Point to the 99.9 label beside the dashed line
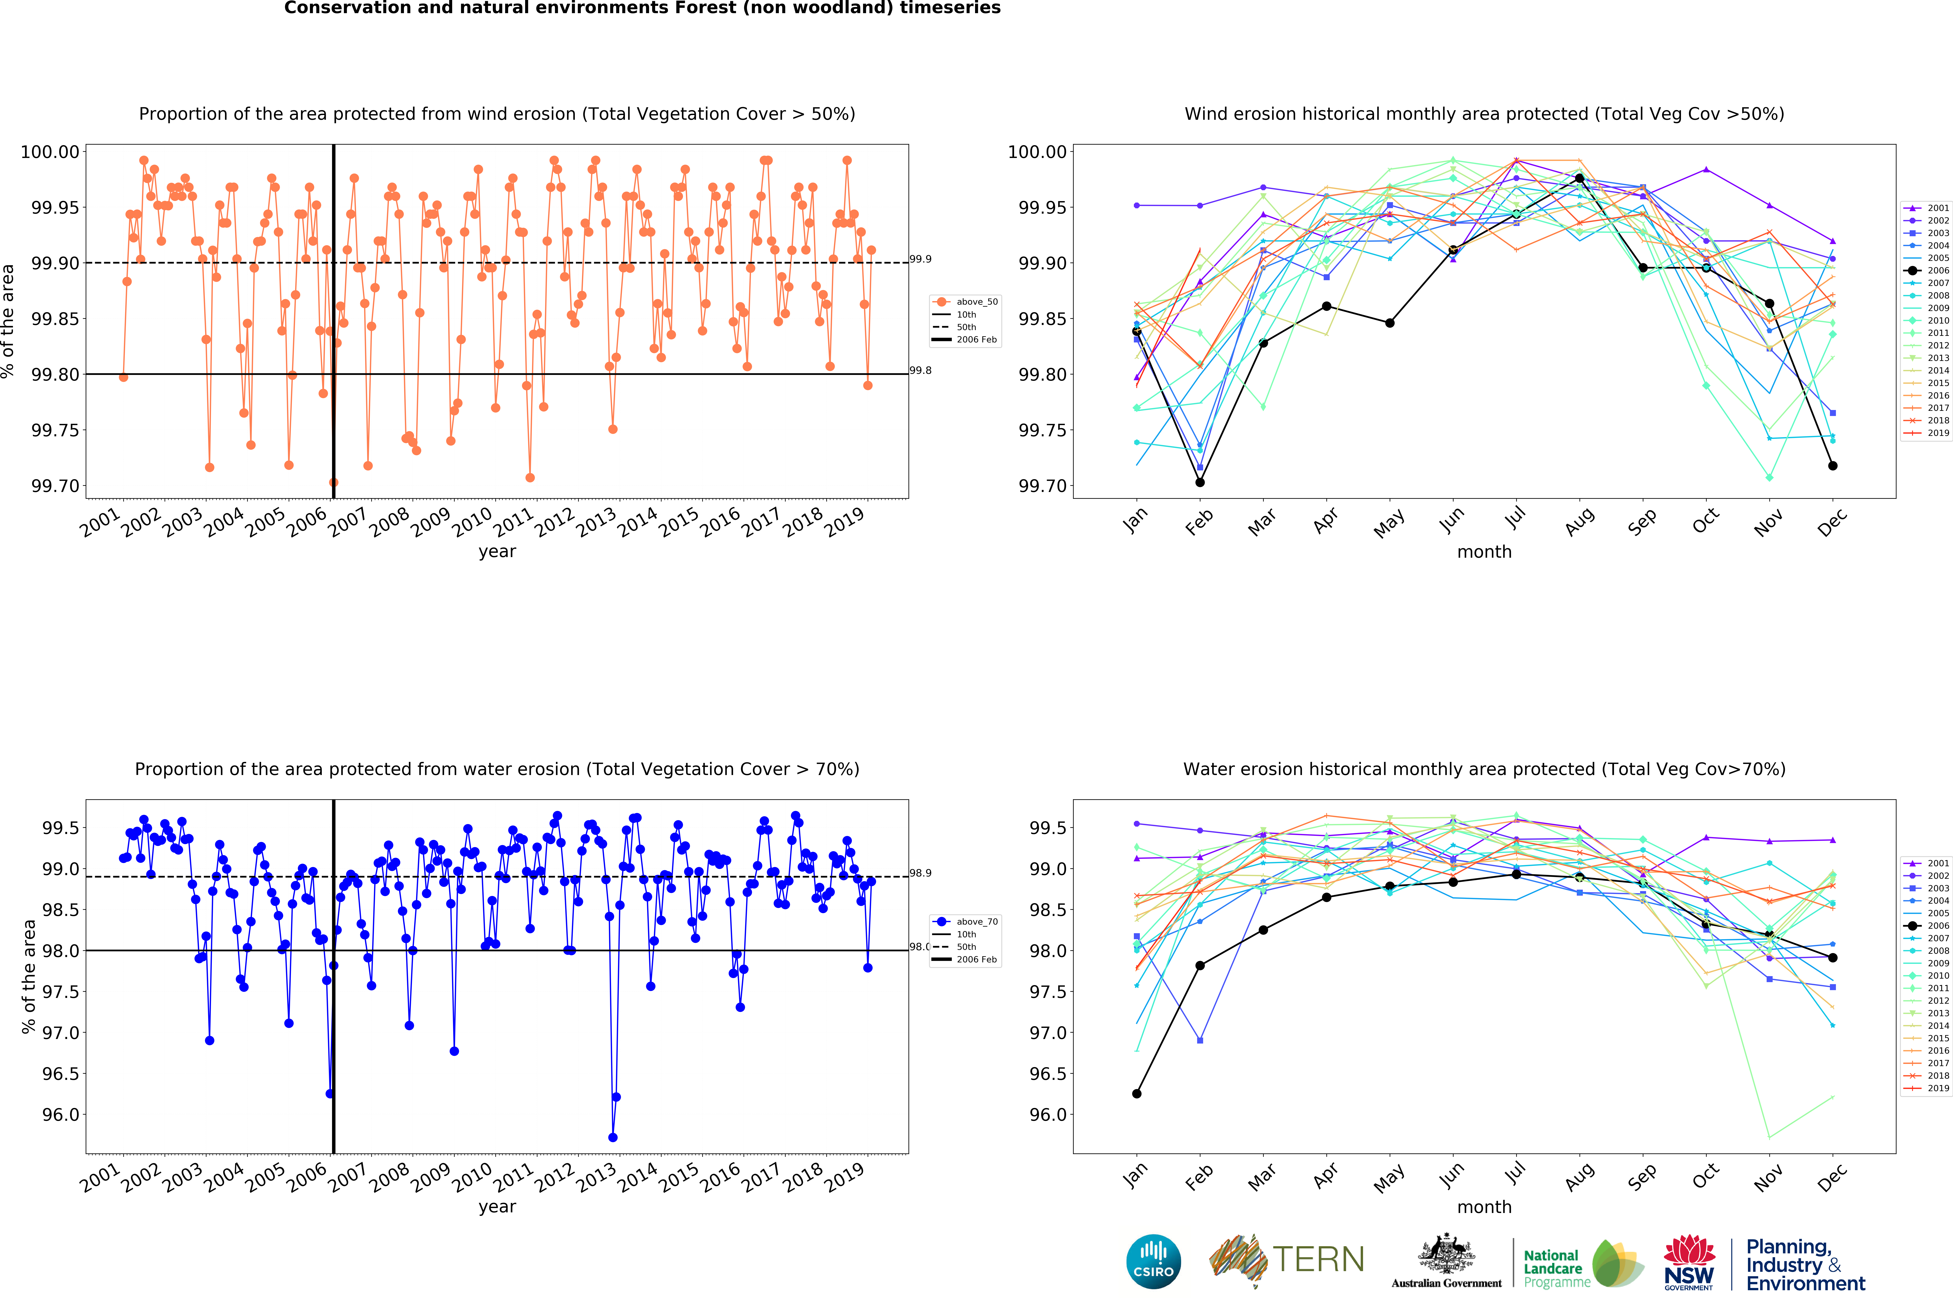point(920,259)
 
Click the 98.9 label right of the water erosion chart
point(920,873)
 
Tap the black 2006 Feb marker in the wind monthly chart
point(1200,482)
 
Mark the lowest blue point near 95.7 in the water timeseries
point(612,1137)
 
